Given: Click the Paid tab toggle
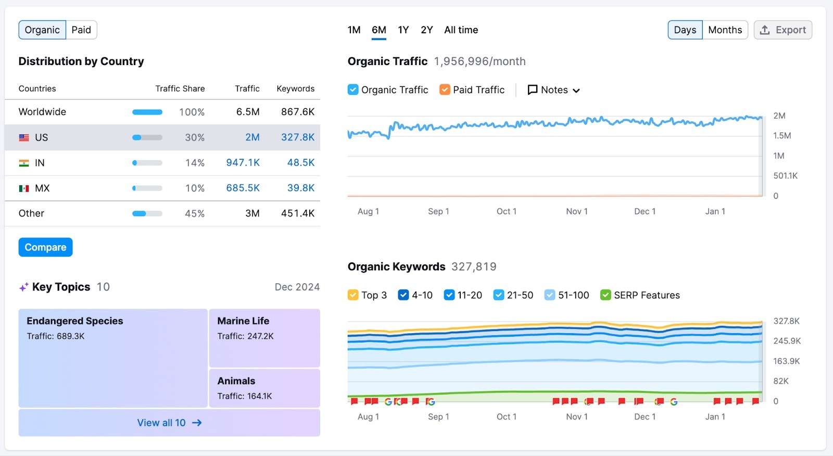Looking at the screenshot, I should [81, 30].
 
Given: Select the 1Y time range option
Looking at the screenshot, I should [403, 30].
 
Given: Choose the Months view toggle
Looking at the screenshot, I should [725, 30].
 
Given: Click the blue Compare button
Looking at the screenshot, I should [45, 247].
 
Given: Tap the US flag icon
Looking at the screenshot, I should [24, 137].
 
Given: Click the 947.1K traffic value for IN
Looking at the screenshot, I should [243, 162].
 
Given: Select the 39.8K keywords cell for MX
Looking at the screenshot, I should [300, 188].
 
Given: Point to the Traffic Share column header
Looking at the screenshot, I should [180, 88].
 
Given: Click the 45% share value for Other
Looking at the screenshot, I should [194, 213].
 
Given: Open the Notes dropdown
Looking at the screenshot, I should [553, 90].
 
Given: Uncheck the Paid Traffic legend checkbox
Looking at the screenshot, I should [445, 90].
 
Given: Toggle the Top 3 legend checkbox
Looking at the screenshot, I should [353, 295].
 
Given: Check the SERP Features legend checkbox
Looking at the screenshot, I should [605, 295].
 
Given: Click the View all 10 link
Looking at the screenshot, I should [169, 423].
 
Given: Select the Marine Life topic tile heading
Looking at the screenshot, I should [243, 321].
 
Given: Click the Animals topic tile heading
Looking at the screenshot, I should [236, 381].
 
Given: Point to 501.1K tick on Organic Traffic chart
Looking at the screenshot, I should [785, 175].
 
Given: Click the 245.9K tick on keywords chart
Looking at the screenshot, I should [787, 341].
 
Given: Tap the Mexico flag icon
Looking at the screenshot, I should [24, 188].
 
